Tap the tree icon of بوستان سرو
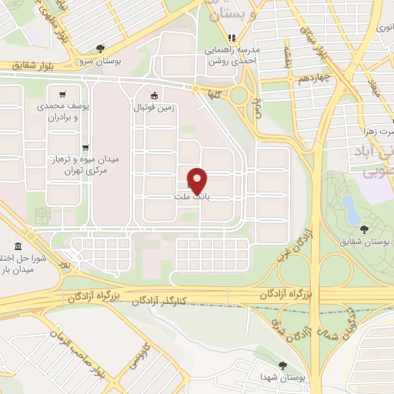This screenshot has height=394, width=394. (101, 48)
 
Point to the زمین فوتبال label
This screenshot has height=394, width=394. (155, 109)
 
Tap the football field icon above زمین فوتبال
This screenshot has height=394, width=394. (155, 95)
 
